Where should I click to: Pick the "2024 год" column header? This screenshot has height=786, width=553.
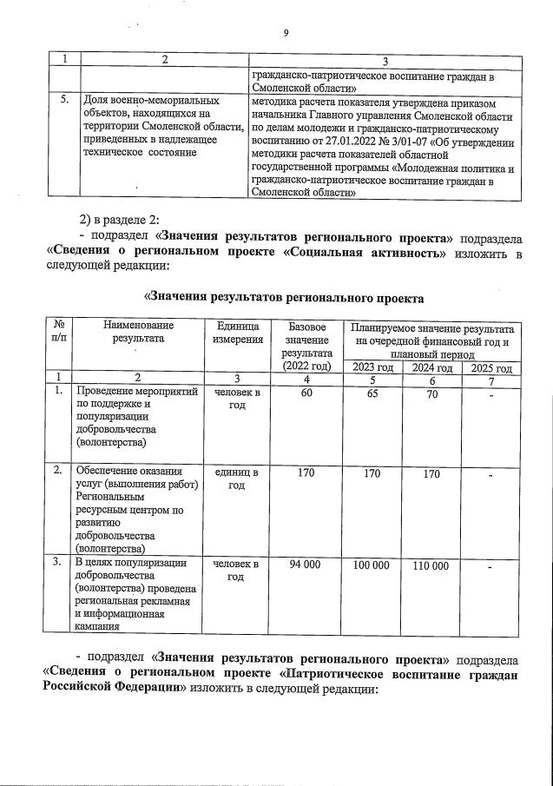click(x=431, y=367)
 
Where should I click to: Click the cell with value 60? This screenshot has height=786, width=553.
click(x=306, y=393)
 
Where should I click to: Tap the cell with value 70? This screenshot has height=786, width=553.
click(x=431, y=393)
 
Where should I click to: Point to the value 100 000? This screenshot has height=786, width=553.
click(x=372, y=565)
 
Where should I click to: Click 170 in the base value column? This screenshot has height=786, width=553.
click(x=306, y=473)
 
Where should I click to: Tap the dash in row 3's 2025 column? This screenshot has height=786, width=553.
click(x=490, y=567)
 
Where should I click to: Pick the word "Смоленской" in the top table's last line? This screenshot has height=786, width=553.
click(x=283, y=194)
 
